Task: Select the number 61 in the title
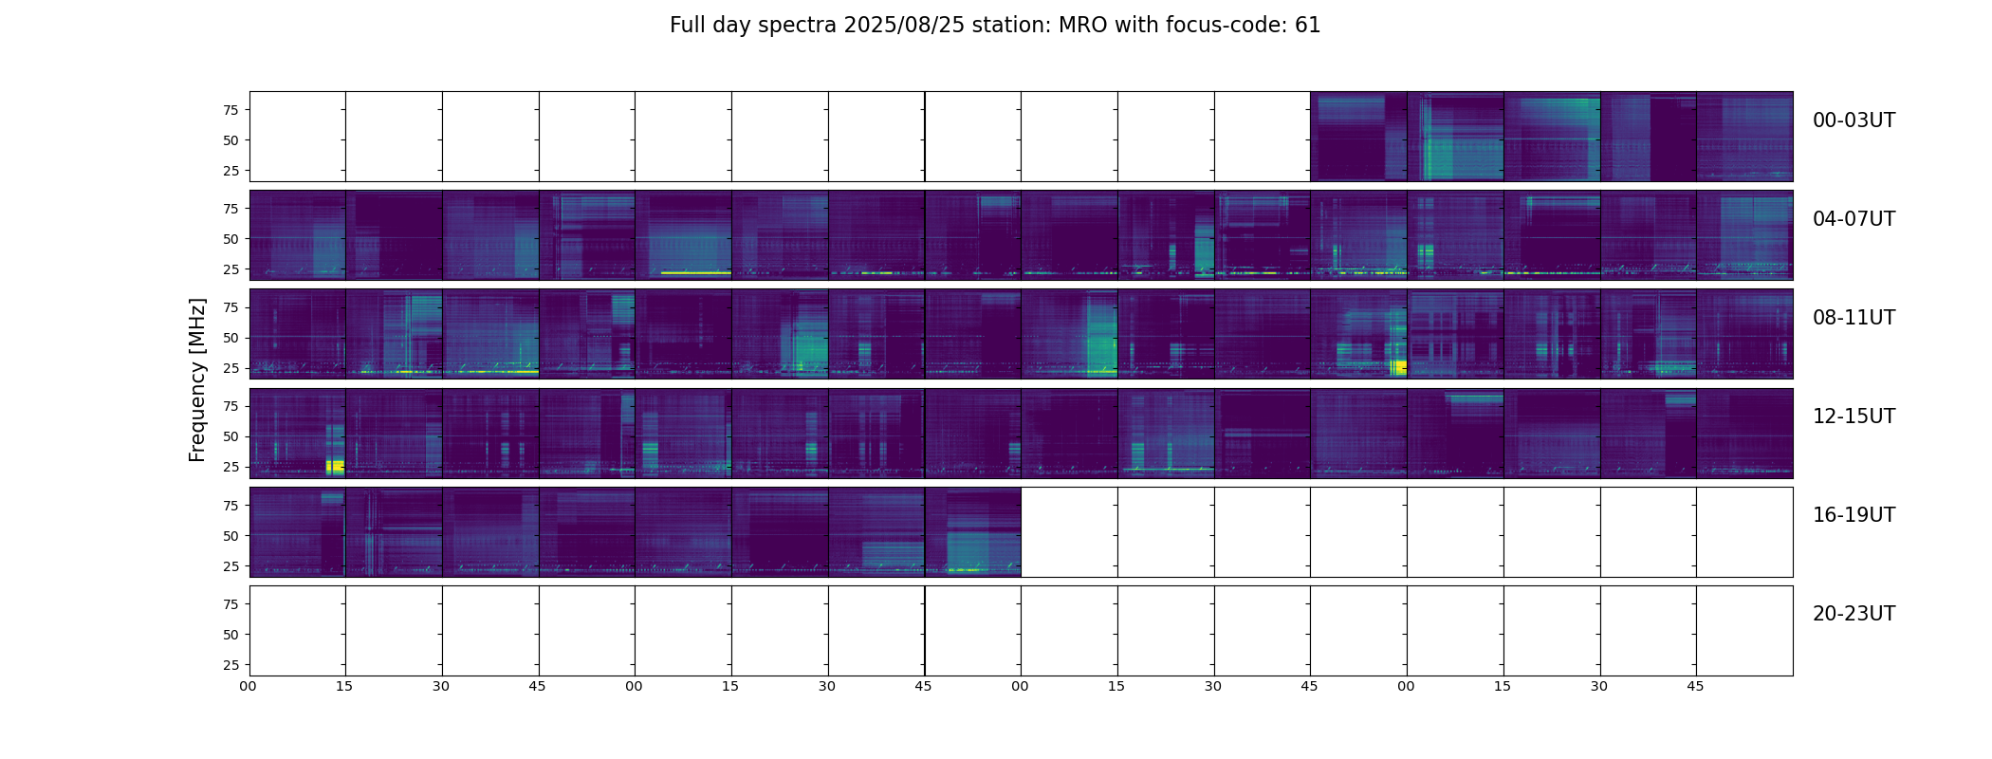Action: (1307, 26)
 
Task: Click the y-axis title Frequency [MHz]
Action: (197, 379)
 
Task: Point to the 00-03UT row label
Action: (1854, 120)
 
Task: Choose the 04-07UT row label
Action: (1854, 219)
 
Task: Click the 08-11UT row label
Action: (1854, 318)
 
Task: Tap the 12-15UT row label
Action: (1854, 417)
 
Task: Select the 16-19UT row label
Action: (1854, 515)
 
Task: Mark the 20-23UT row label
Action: (1854, 614)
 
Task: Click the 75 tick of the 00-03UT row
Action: (231, 110)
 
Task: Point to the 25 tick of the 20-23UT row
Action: (231, 665)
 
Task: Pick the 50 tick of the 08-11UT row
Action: (231, 338)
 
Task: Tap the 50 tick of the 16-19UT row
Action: (231, 536)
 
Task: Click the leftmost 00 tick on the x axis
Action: (249, 686)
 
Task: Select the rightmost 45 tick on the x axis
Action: (1695, 686)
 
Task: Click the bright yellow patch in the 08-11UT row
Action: (1399, 367)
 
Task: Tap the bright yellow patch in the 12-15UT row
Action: (335, 466)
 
